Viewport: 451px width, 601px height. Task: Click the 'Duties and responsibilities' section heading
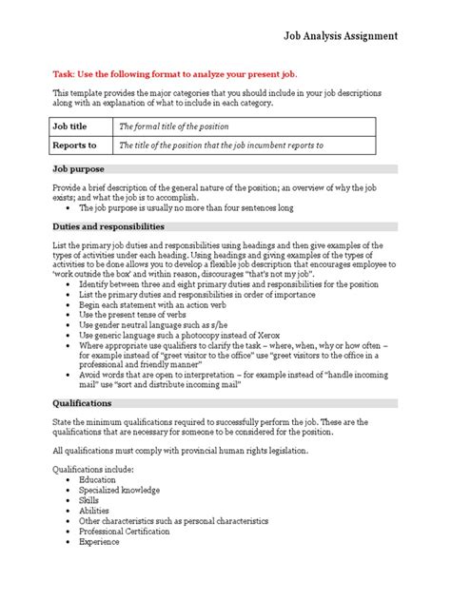(x=108, y=227)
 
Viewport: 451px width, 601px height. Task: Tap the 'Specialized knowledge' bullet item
(x=121, y=490)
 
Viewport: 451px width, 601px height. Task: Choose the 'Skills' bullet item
(x=92, y=500)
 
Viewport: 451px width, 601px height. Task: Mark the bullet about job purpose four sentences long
(x=186, y=206)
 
